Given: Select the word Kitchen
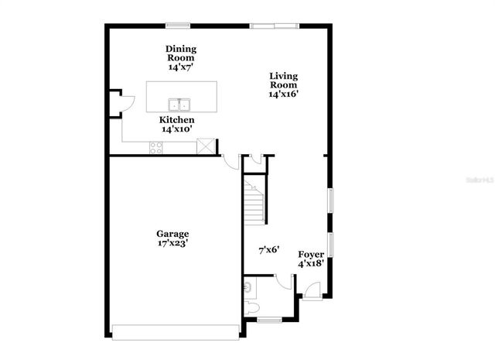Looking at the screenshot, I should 177,120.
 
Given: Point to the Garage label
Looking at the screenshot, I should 172,233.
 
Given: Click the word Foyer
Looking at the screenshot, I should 311,254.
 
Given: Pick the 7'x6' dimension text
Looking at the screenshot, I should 268,250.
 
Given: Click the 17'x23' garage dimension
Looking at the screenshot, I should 172,243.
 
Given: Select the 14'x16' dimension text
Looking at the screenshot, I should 283,94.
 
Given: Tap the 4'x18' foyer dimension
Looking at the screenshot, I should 311,264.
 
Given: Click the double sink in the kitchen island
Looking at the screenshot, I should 180,105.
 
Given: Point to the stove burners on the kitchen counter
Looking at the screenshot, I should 155,148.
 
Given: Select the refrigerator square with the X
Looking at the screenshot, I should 206,146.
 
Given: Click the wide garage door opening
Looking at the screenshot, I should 176,331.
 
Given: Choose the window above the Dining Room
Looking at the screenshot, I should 178,26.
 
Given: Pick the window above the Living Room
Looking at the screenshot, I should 273,26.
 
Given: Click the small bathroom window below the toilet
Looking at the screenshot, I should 268,320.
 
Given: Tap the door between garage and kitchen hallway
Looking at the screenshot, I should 230,160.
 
